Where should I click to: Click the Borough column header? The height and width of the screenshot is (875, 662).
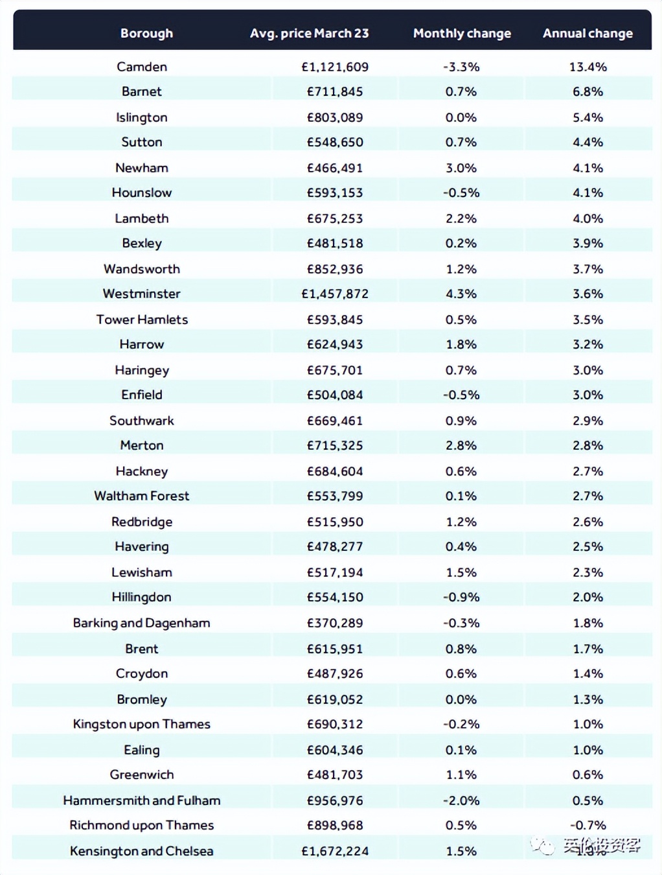[x=146, y=33]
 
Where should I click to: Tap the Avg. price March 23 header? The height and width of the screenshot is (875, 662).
[x=309, y=33]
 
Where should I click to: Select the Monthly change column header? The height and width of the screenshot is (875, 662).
[x=462, y=33]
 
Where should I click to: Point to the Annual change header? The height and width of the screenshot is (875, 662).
[x=588, y=33]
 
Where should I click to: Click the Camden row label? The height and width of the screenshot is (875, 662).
[x=142, y=67]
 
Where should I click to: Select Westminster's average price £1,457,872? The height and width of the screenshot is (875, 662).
[x=335, y=294]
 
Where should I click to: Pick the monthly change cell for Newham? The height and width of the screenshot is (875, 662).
[x=461, y=168]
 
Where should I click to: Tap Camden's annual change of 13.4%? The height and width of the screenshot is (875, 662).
[x=588, y=67]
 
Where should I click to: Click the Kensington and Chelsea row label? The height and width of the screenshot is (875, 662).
[x=142, y=851]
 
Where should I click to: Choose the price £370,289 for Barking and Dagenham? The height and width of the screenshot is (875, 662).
[x=335, y=623]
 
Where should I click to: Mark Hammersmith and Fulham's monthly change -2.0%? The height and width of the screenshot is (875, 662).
[x=461, y=800]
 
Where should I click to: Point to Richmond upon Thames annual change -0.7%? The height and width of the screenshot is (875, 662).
[x=588, y=825]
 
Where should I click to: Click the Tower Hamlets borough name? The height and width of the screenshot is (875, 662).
[x=142, y=320]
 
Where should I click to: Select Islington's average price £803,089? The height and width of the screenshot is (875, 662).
[x=335, y=117]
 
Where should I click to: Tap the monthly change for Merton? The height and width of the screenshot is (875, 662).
[x=461, y=445]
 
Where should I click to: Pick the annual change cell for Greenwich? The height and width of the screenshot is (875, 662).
[x=588, y=775]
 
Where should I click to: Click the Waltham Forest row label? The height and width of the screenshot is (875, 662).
[x=142, y=496]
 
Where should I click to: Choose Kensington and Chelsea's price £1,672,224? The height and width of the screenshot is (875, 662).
[x=335, y=851]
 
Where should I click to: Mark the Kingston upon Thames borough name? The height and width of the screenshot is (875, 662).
[x=142, y=724]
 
